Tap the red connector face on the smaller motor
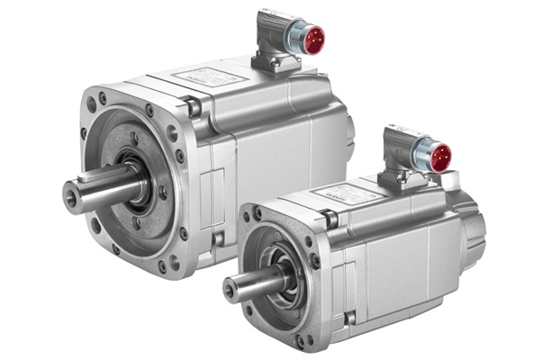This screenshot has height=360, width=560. click(440, 157)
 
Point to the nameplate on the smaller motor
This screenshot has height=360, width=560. click(357, 193)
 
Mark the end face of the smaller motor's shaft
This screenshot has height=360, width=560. click(231, 289)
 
